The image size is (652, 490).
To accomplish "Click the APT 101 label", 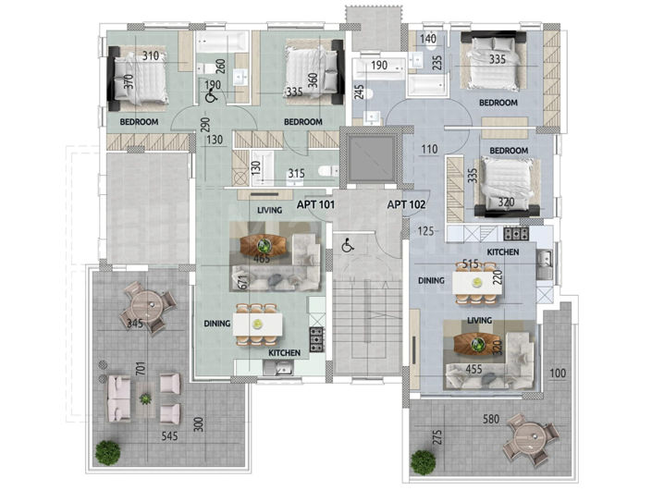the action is pyautogui.click(x=315, y=204).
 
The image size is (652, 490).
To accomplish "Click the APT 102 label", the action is pyautogui.click(x=406, y=204).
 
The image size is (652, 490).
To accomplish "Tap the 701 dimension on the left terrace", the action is pyautogui.click(x=141, y=369).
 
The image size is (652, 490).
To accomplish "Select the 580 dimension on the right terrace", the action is pyautogui.click(x=491, y=419).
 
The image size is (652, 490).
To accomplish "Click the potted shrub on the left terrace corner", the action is pyautogui.click(x=107, y=452).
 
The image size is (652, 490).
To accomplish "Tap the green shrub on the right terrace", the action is pyautogui.click(x=424, y=462).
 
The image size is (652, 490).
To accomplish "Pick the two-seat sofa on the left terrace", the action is pyautogui.click(x=118, y=398).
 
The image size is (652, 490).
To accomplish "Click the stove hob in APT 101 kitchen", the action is pyautogui.click(x=316, y=339).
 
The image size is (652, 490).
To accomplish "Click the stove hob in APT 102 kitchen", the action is pyautogui.click(x=516, y=234).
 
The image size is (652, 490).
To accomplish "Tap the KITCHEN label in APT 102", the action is pyautogui.click(x=503, y=252).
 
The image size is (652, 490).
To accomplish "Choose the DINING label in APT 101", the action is pyautogui.click(x=216, y=324).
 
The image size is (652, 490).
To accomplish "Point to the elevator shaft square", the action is pyautogui.click(x=372, y=157).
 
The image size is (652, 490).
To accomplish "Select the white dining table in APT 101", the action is pyautogui.click(x=257, y=325).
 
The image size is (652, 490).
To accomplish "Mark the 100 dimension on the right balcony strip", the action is pyautogui.click(x=558, y=374).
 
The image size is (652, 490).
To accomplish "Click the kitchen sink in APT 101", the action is pyautogui.click(x=278, y=368).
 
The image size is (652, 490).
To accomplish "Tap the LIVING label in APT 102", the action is pyautogui.click(x=479, y=321).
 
